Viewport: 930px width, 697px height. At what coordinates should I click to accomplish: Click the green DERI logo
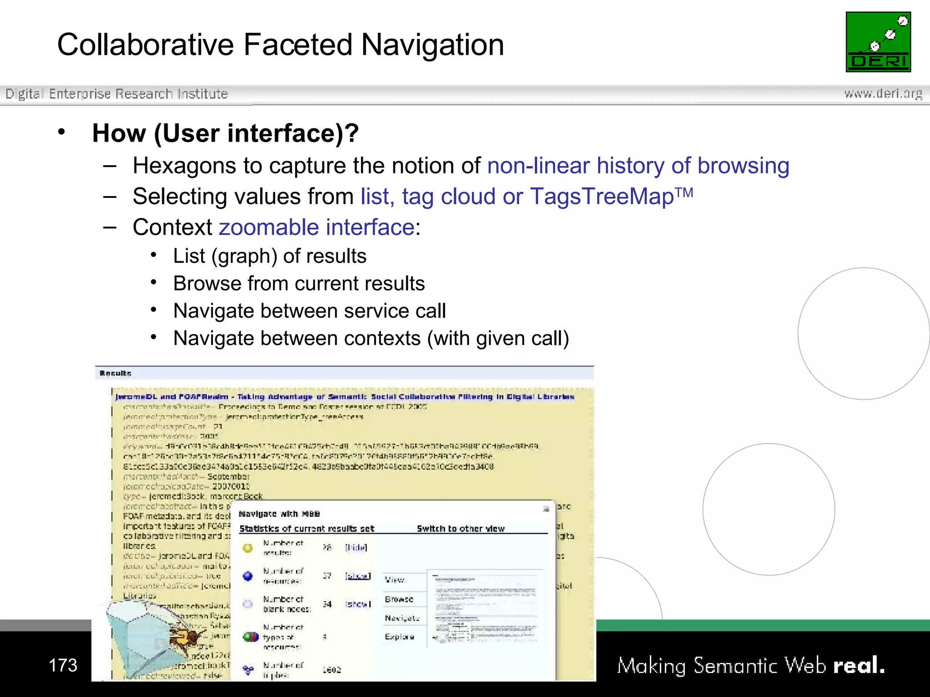(878, 42)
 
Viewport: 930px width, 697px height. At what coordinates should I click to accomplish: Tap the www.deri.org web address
(883, 94)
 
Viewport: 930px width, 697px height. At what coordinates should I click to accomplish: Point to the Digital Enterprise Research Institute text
(116, 94)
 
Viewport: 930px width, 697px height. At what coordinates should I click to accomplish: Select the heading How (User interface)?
(225, 133)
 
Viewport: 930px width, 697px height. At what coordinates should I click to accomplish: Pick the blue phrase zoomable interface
(317, 227)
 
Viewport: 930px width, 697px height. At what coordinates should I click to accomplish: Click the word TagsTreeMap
(602, 196)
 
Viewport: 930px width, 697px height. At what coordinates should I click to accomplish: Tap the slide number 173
(63, 665)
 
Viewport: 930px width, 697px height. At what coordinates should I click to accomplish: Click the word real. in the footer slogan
(859, 665)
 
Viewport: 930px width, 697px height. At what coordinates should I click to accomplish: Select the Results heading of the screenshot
(115, 373)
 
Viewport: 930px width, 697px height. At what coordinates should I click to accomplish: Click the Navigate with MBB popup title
(279, 514)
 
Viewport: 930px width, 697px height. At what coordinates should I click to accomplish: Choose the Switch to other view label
(460, 529)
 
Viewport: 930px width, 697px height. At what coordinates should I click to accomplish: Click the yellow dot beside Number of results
(247, 548)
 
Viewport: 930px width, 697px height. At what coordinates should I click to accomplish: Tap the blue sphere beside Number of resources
(247, 576)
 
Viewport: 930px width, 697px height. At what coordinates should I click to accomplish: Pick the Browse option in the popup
(399, 599)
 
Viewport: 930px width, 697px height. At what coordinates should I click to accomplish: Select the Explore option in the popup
(399, 637)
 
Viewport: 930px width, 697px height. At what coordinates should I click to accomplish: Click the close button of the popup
(546, 509)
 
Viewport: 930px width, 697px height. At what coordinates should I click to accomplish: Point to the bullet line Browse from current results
(299, 284)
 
